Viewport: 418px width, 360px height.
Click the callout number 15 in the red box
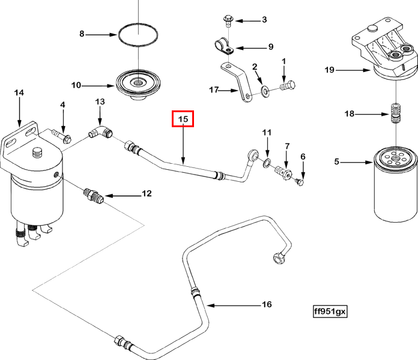pyautogui.click(x=183, y=119)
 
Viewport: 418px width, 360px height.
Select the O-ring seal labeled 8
pyautogui.click(x=138, y=35)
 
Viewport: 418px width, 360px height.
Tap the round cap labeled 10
pyautogui.click(x=138, y=83)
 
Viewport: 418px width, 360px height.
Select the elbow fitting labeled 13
pyautogui.click(x=100, y=132)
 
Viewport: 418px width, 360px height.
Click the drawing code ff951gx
pyautogui.click(x=330, y=312)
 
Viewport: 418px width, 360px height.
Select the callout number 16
pyautogui.click(x=267, y=305)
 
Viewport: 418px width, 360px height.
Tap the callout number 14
pyautogui.click(x=19, y=92)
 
